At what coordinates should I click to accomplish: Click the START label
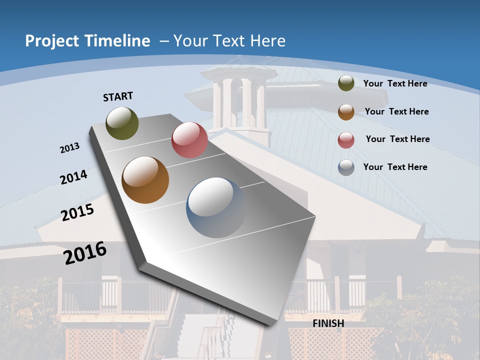pyautogui.click(x=118, y=96)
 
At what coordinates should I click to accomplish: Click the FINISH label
pyautogui.click(x=328, y=323)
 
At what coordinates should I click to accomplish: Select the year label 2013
pyautogui.click(x=70, y=148)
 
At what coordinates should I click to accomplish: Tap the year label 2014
pyautogui.click(x=74, y=177)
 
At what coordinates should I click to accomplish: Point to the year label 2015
pyautogui.click(x=77, y=212)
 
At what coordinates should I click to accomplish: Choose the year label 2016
pyautogui.click(x=85, y=253)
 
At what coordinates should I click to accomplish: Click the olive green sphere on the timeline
pyautogui.click(x=122, y=123)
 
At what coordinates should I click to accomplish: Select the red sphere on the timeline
pyautogui.click(x=189, y=140)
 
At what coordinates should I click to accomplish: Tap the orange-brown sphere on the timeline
pyautogui.click(x=145, y=180)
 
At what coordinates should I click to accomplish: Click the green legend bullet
pyautogui.click(x=346, y=83)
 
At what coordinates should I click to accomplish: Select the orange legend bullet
pyautogui.click(x=346, y=111)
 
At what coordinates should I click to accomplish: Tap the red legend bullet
pyautogui.click(x=346, y=140)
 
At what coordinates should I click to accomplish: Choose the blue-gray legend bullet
pyautogui.click(x=346, y=167)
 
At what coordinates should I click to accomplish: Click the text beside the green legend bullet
pyautogui.click(x=395, y=83)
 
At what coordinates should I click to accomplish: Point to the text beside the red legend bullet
pyautogui.click(x=397, y=139)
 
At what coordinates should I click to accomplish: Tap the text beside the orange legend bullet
pyautogui.click(x=397, y=111)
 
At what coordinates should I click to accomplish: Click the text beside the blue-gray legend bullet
pyautogui.click(x=395, y=167)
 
